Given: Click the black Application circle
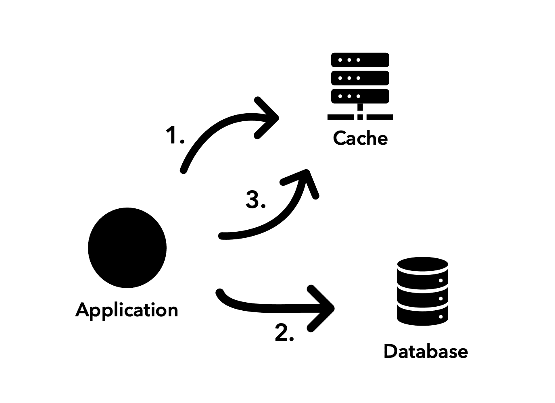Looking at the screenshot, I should [x=127, y=247].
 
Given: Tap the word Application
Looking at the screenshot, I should [x=127, y=310].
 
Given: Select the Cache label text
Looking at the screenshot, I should [x=360, y=138].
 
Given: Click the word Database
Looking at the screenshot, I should [x=426, y=351].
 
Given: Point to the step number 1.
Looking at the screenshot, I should [x=173, y=135].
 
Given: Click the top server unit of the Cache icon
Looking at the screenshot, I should [x=360, y=60].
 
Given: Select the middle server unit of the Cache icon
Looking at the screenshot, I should [x=360, y=78].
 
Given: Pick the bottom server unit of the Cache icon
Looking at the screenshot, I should [x=360, y=96].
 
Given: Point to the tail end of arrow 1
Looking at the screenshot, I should [x=184, y=170].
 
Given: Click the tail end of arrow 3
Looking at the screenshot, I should [x=221, y=236].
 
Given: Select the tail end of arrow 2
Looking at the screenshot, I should [x=220, y=292].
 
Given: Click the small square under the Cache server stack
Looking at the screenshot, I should [x=360, y=117].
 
